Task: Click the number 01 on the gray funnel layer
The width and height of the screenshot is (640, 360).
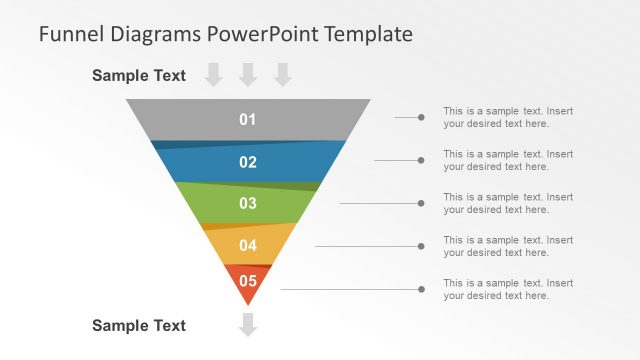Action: click(248, 120)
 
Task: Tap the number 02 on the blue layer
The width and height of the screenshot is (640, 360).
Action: click(248, 162)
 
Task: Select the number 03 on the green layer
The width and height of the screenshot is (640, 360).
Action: click(248, 204)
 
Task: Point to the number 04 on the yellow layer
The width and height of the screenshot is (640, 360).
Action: click(248, 245)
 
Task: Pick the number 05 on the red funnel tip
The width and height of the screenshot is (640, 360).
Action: click(248, 281)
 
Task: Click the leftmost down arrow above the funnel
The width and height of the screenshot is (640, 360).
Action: click(214, 74)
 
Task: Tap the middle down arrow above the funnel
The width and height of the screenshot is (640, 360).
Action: click(248, 74)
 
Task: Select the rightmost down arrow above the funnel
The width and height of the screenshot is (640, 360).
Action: click(282, 74)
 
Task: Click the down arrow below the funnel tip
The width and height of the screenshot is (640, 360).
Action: click(248, 325)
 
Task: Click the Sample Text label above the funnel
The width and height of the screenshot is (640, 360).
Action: click(139, 75)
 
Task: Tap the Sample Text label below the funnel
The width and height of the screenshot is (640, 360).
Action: click(139, 325)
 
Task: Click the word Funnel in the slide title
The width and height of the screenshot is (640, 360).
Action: click(68, 34)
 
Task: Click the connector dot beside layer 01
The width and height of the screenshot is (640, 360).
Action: click(421, 118)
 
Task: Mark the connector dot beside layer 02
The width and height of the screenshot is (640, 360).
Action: click(421, 160)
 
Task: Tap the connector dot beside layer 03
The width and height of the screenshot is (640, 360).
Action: click(421, 203)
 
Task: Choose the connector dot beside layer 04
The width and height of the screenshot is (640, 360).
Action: click(421, 246)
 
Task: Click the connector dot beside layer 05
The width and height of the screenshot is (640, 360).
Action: click(421, 289)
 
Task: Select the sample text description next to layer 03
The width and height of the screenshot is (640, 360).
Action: click(508, 203)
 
